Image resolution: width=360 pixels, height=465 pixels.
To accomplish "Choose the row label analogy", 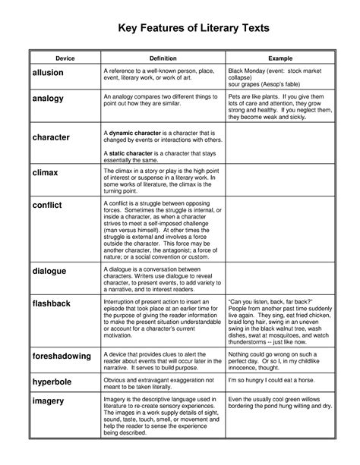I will pos(47,99).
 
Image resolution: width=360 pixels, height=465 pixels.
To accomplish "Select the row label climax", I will pos(44,173).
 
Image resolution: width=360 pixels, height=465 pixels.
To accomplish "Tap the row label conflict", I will pos(46,205).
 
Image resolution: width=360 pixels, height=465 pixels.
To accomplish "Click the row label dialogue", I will pos(49,271).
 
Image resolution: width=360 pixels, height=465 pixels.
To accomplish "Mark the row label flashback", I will pos(52,303).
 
